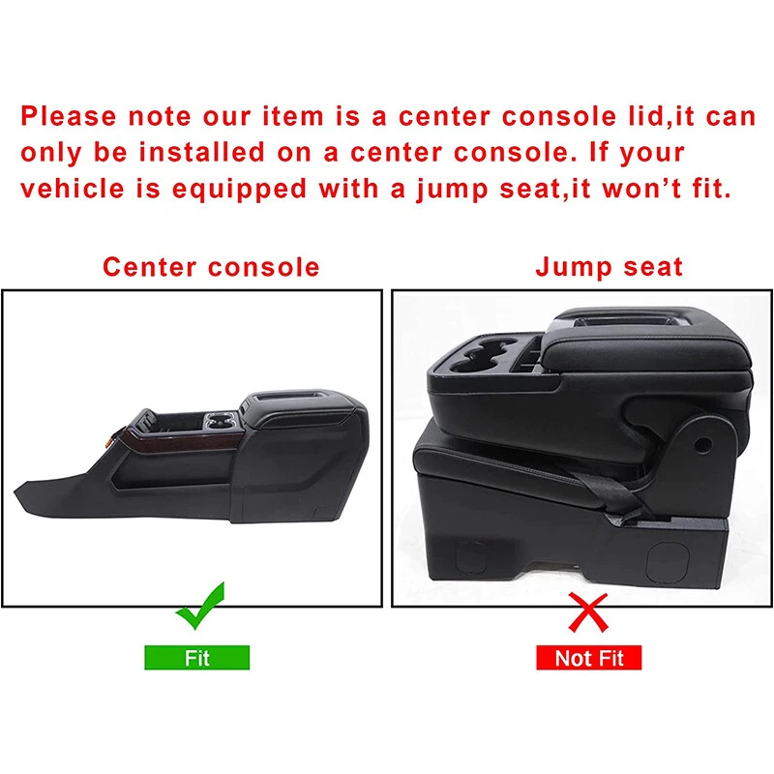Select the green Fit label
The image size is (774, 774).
pos(197,658)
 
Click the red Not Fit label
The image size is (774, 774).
pos(589,658)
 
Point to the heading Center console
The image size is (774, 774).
pos(211,266)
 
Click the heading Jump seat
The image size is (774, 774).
pos(610,266)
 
